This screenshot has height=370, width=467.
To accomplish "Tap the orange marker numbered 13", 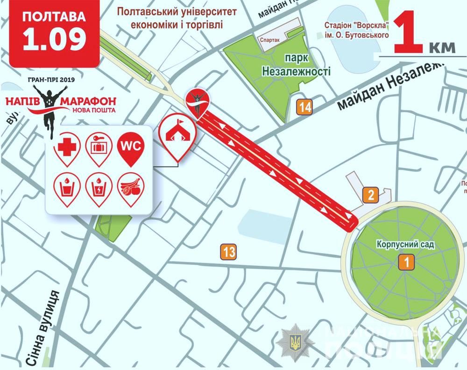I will (229, 252).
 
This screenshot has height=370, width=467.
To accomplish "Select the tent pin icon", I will (177, 131).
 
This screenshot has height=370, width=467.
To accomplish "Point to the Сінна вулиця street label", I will (42, 327).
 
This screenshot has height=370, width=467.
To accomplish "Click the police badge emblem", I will (295, 342).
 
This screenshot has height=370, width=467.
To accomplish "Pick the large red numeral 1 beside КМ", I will (410, 34).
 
